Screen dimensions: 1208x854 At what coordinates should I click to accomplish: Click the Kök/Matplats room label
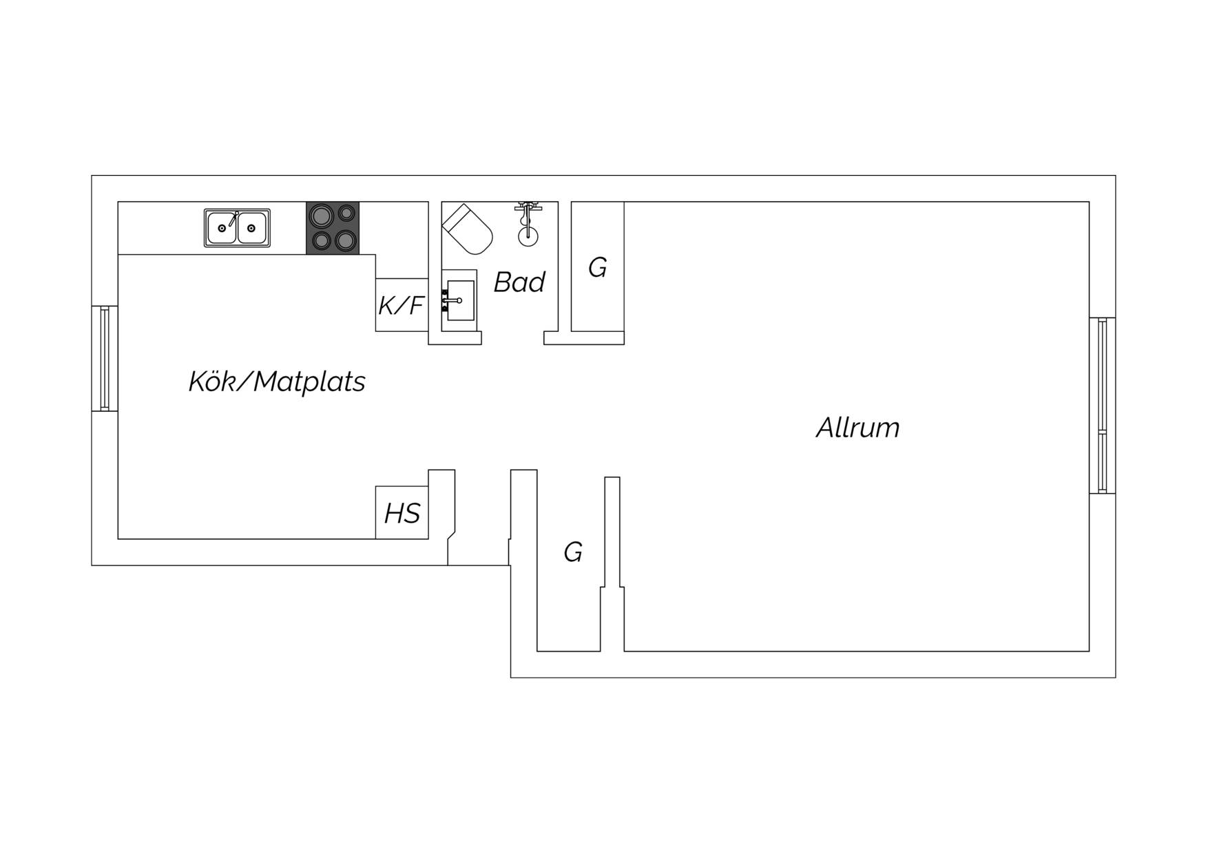277,382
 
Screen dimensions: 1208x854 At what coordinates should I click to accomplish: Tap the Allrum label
858,428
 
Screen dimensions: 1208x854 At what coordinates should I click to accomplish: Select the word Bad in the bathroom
519,282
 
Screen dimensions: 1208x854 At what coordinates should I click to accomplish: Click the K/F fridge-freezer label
400,305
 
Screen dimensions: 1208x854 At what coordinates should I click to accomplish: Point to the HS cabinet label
402,513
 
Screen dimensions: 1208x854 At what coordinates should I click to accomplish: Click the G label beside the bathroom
598,267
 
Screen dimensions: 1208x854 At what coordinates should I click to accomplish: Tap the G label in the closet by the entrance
573,552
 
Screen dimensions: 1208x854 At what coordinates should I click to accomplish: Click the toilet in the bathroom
468,229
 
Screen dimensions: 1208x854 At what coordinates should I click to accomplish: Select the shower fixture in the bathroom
528,224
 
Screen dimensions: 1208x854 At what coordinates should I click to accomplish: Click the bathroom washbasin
459,300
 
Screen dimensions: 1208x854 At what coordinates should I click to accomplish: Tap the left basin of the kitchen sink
222,228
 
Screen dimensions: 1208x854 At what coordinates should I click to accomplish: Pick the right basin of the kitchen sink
252,228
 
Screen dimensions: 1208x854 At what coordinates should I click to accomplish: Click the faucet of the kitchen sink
233,219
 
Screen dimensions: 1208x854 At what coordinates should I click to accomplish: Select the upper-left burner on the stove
320,216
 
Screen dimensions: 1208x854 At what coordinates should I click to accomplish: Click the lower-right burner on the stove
346,240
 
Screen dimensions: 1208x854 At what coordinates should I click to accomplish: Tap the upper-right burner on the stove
347,213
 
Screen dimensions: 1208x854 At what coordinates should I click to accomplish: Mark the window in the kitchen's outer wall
105,359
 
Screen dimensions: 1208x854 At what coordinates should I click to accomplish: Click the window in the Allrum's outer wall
1102,406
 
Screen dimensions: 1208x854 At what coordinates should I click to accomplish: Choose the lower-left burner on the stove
320,241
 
